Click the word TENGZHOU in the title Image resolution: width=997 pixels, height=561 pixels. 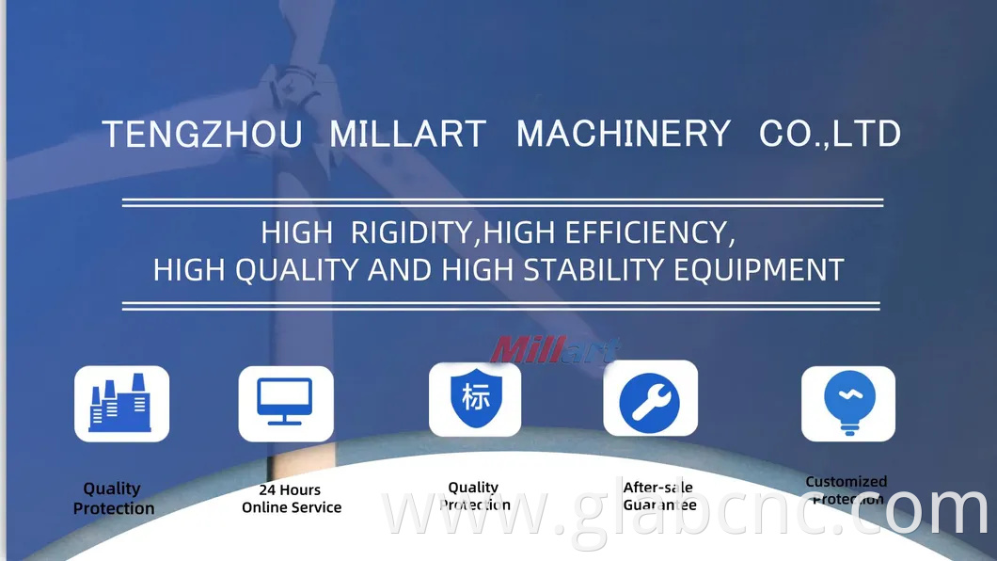(201, 134)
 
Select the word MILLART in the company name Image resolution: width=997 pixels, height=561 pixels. (407, 134)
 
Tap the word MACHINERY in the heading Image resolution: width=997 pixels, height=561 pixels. (623, 134)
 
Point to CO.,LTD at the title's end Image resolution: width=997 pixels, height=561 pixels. (830, 134)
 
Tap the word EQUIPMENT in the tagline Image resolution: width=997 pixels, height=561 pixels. (759, 270)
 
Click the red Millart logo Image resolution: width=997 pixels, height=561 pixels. (555, 349)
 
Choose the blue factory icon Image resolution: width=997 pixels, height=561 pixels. (121, 404)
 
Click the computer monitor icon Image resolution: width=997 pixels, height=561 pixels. (285, 403)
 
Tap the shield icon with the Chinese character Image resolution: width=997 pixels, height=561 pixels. (475, 399)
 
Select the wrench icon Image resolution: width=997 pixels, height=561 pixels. (650, 399)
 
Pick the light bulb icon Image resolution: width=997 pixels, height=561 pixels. (848, 403)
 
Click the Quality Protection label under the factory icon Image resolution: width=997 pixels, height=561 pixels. (113, 499)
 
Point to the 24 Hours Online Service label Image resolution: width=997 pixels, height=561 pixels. (291, 499)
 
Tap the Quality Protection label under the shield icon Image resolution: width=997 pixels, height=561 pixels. (474, 496)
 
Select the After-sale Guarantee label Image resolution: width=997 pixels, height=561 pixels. (658, 496)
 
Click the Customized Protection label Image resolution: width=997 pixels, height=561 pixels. (847, 490)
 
